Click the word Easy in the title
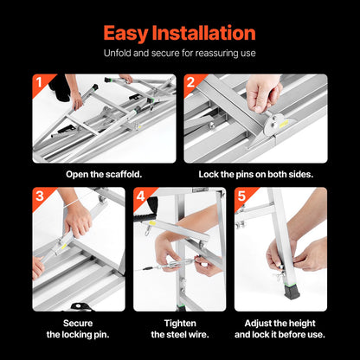point(130,33)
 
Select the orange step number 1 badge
point(39,83)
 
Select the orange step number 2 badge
point(190,83)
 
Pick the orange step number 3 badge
point(39,196)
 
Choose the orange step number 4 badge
point(140,196)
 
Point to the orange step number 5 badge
point(241,196)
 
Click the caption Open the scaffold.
point(105,173)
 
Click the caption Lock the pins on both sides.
point(254,173)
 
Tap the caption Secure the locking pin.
point(78,327)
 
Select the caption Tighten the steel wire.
point(179,327)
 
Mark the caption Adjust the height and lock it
point(280,327)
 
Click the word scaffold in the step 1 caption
point(120,173)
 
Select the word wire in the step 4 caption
point(202,334)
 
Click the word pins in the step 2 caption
point(242,173)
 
